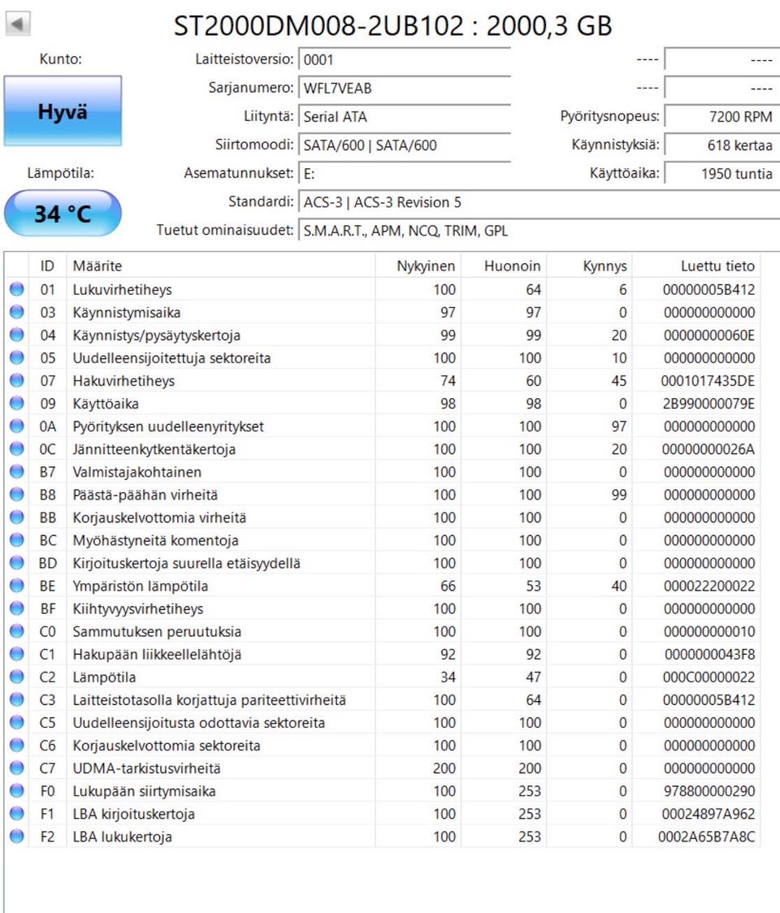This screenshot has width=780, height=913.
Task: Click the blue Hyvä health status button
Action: click(x=63, y=111)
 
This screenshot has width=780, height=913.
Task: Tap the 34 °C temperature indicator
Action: click(x=63, y=214)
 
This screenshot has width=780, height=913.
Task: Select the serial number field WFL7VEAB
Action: click(x=404, y=88)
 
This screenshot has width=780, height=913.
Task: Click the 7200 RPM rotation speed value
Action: click(x=720, y=117)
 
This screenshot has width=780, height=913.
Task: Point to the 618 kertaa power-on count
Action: click(x=720, y=145)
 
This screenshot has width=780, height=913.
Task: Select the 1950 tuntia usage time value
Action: click(x=720, y=174)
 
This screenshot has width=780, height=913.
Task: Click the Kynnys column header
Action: click(x=604, y=266)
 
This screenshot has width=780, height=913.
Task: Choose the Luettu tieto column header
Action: click(x=717, y=266)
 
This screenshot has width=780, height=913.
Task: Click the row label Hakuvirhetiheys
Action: click(x=123, y=380)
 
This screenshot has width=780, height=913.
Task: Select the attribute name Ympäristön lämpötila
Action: click(x=140, y=586)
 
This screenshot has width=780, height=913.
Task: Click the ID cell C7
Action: click(x=47, y=768)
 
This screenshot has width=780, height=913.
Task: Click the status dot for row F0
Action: click(x=17, y=790)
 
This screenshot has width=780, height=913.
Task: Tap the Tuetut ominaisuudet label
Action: click(x=224, y=231)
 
